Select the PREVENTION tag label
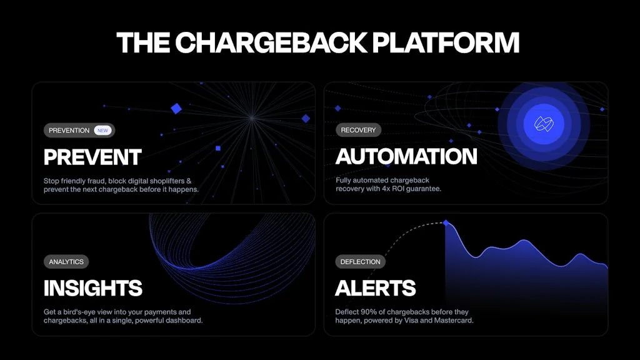click(x=69, y=131)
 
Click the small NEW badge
click(x=102, y=131)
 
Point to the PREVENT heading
click(x=92, y=157)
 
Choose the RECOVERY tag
click(x=358, y=130)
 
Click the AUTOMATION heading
click(x=406, y=156)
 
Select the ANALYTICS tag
click(x=66, y=262)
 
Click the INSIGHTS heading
click(x=93, y=288)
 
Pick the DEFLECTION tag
click(x=361, y=262)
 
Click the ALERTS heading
click(x=376, y=288)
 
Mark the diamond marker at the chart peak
click(x=446, y=222)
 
